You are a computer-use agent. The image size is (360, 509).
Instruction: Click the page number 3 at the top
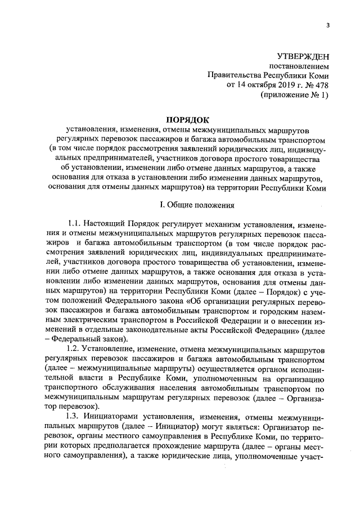[327, 25]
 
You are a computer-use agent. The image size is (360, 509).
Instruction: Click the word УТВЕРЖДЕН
[303, 56]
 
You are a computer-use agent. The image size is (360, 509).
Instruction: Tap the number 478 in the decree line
[321, 85]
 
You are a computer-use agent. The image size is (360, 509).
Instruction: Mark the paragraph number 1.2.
[75, 352]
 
